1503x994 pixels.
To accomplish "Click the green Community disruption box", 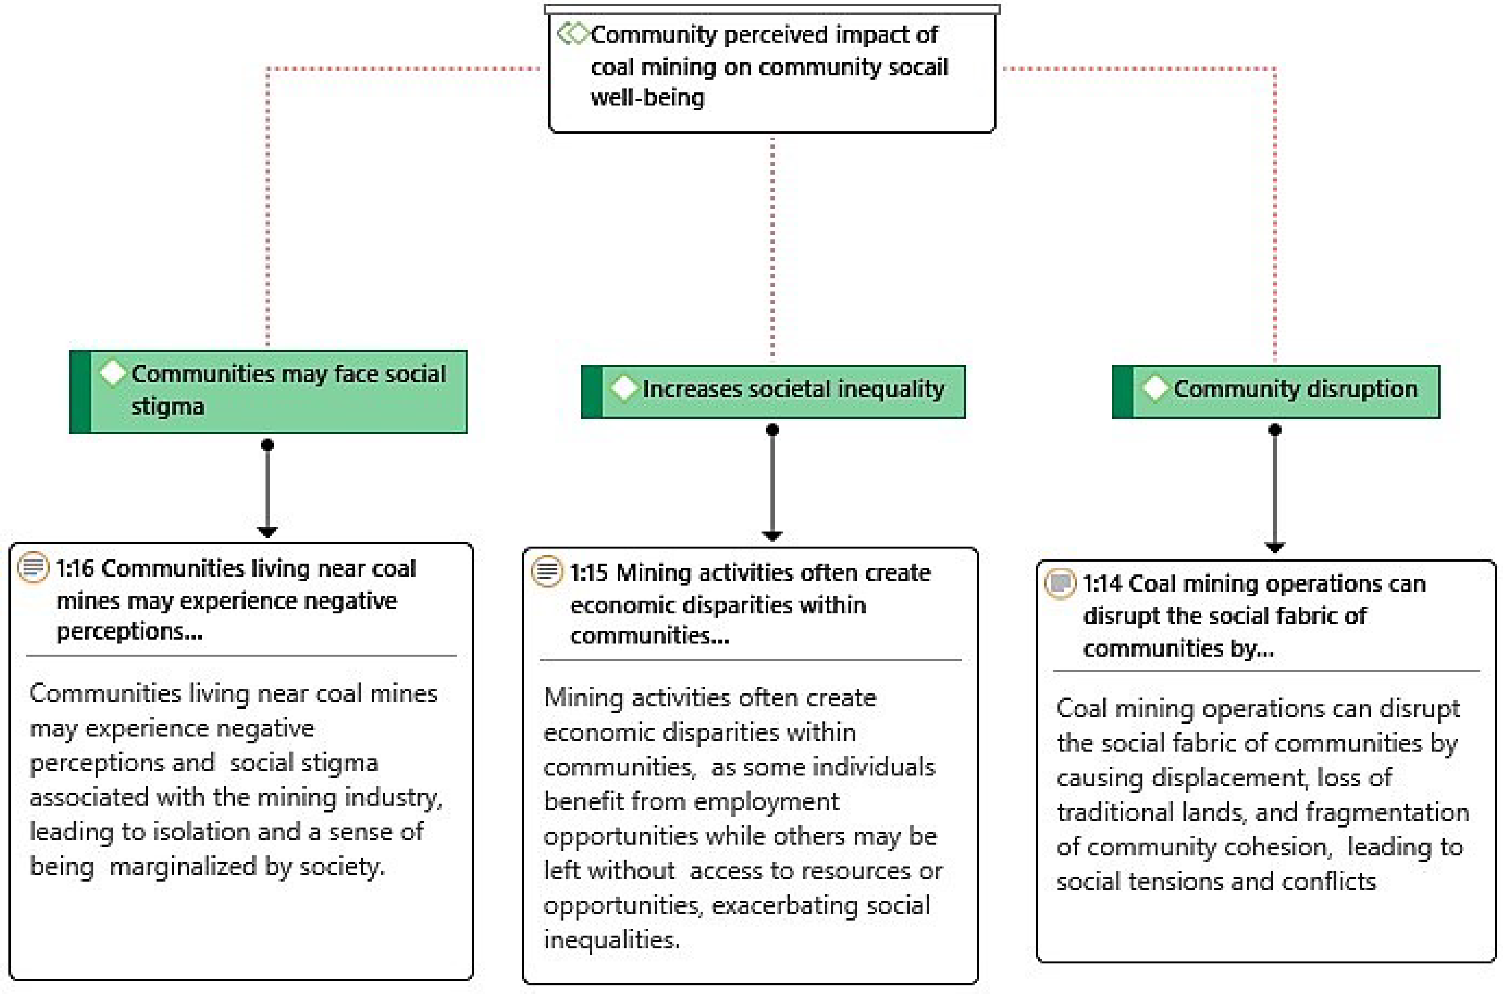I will tap(1276, 391).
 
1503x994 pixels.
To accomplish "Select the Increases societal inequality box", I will tap(773, 391).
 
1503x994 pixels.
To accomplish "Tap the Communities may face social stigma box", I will tap(268, 391).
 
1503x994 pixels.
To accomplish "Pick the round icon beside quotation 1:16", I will tap(32, 567).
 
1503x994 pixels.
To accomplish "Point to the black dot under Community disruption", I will tap(1275, 430).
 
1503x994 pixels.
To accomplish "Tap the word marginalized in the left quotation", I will tap(183, 866).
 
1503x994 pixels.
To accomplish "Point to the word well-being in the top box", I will tap(647, 98).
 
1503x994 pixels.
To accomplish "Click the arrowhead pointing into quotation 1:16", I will tap(267, 531).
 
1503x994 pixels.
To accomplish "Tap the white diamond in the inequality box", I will tap(624, 388).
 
